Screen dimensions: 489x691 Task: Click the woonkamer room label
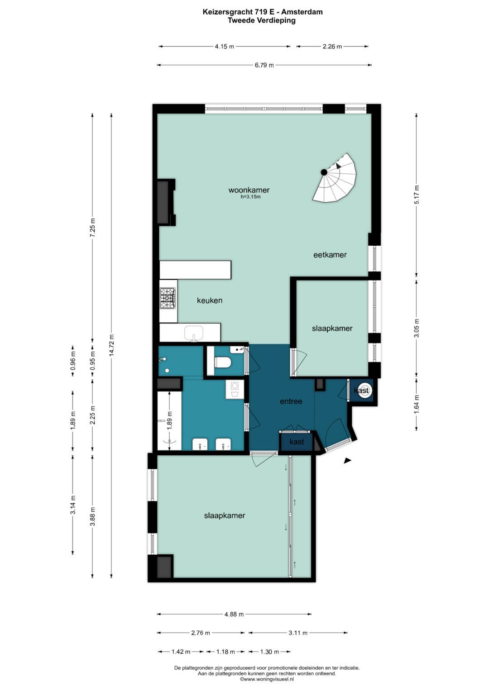tap(249, 190)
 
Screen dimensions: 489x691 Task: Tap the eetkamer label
tap(330, 255)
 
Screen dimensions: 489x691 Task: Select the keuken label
tap(210, 300)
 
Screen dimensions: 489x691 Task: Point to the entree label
tap(291, 401)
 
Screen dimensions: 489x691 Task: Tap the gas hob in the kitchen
tap(168, 298)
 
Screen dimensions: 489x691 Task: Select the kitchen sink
tap(194, 334)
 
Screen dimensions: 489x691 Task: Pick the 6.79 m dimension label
tap(264, 65)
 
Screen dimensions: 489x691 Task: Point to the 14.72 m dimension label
tap(111, 345)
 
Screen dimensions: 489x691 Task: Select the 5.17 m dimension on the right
tap(417, 195)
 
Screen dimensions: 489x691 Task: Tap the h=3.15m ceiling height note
tap(251, 197)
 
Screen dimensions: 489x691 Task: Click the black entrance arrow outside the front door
tap(348, 461)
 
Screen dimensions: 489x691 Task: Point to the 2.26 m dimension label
tap(332, 47)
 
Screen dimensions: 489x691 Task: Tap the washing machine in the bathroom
tap(235, 390)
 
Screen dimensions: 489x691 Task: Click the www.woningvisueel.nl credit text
tap(267, 679)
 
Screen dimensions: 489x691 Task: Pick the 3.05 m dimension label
tap(417, 328)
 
